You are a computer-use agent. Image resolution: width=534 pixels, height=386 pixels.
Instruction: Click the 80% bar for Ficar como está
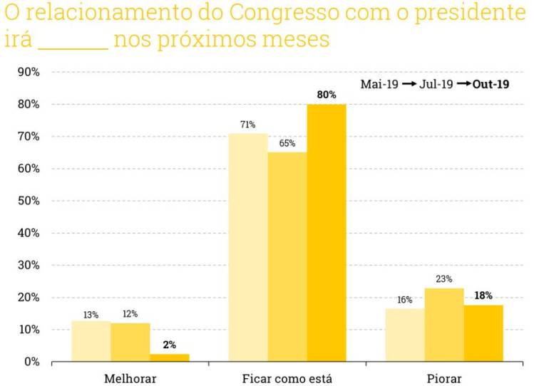(327, 233)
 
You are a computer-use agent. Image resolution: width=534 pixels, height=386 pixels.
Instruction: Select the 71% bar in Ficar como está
(248, 247)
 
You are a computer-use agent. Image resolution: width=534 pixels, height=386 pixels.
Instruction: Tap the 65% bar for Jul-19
(287, 256)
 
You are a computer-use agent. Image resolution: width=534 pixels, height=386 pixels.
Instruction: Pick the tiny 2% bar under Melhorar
(170, 358)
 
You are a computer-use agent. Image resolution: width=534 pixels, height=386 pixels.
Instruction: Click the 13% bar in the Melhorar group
(91, 341)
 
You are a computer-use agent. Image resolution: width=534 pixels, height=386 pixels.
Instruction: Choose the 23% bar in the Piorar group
(444, 325)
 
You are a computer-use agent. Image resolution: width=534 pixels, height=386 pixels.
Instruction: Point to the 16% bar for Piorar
(405, 335)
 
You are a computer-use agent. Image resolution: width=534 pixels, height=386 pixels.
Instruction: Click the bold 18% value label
(483, 296)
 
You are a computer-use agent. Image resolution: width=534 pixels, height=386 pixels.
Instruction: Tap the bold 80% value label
(327, 94)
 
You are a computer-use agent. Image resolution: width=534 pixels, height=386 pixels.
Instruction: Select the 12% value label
(130, 314)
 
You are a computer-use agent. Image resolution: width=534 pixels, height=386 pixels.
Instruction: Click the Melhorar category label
(130, 377)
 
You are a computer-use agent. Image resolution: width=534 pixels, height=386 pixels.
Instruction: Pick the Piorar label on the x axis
(444, 377)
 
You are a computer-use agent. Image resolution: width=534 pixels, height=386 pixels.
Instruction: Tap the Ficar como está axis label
(287, 377)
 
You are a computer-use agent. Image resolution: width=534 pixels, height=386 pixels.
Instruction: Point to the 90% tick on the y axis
(27, 72)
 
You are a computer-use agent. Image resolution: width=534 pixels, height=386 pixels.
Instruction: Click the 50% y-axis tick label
(27, 201)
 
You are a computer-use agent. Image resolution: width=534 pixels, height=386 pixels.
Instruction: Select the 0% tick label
(31, 362)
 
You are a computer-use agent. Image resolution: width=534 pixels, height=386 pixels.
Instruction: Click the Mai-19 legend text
(379, 84)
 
